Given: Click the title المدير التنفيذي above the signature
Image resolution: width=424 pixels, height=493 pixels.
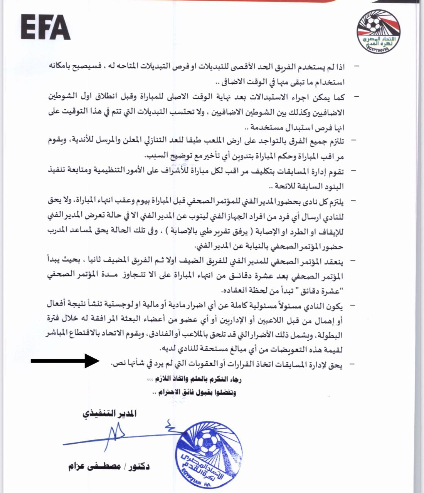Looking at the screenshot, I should click(x=109, y=414).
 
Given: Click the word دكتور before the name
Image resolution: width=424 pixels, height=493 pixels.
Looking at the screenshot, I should click(x=136, y=467).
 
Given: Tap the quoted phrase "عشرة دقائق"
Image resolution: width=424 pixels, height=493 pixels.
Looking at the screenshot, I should click(x=323, y=290).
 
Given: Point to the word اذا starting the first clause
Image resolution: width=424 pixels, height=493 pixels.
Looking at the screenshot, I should click(x=338, y=67).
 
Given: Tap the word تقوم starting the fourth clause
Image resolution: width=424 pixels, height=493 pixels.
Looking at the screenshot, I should click(x=335, y=171).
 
